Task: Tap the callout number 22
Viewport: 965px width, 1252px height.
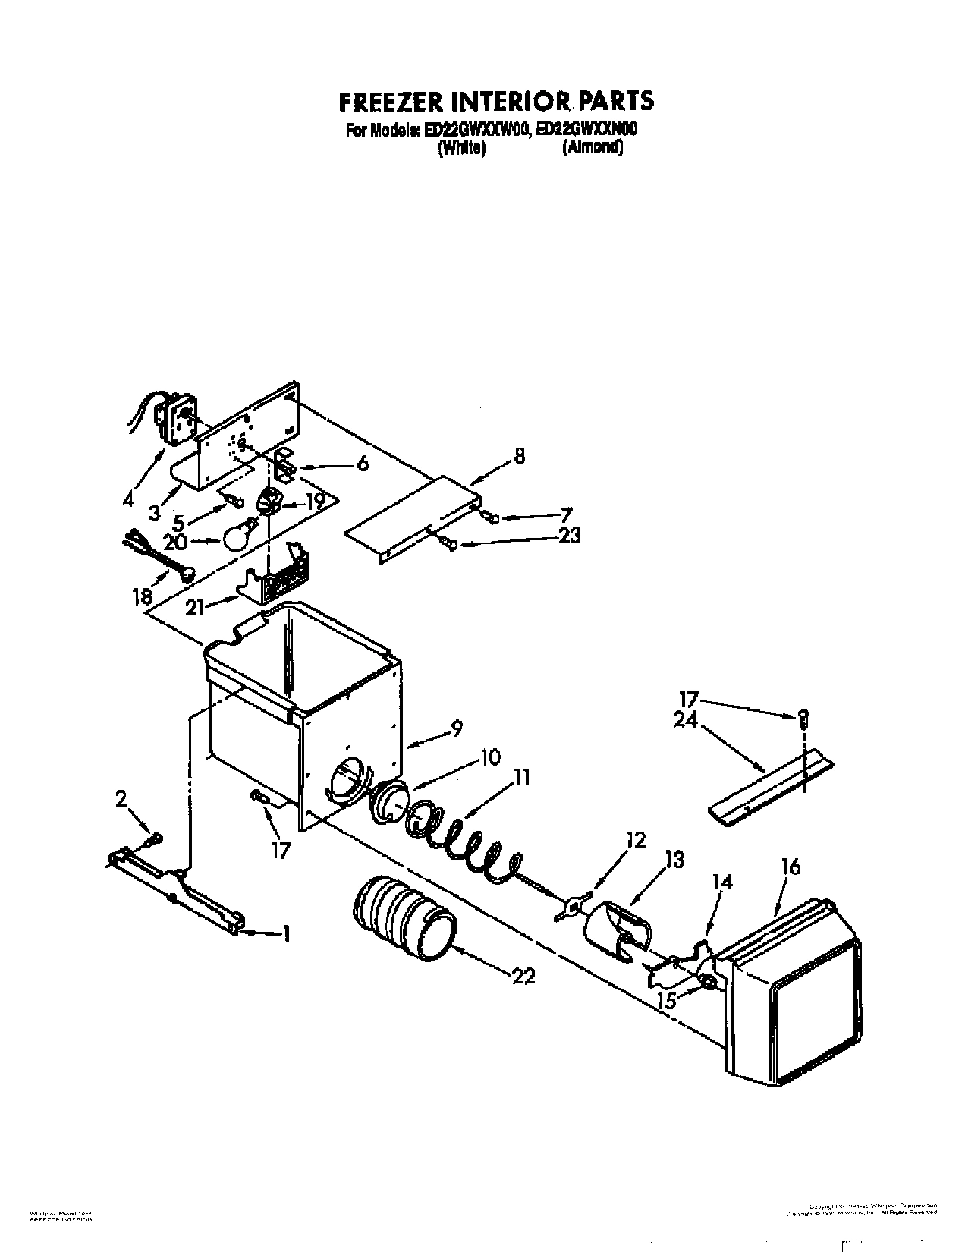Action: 523,977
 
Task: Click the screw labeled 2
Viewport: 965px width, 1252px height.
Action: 155,838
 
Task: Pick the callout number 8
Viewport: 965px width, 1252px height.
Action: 518,456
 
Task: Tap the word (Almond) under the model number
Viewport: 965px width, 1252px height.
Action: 593,149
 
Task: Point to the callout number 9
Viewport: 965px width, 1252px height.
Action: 457,728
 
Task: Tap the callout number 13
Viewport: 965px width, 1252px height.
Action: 674,860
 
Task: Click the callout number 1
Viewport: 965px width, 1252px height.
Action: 286,935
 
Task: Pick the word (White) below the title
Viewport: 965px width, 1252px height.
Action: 460,149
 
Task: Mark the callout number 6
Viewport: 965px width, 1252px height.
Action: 362,464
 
